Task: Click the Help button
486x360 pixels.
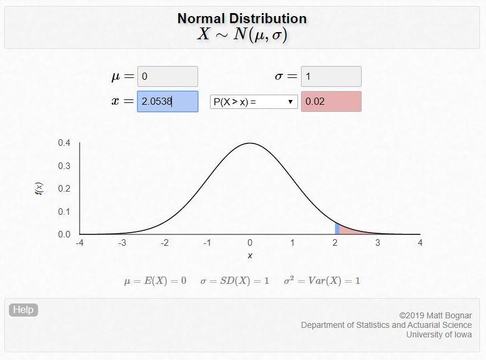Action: point(23,310)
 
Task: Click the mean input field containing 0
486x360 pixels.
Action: point(167,77)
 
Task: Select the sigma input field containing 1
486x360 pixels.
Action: point(331,77)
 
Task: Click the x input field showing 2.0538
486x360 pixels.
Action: point(167,101)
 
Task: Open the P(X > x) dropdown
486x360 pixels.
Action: point(254,102)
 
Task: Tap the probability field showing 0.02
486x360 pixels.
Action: point(331,101)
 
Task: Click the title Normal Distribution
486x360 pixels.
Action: point(242,18)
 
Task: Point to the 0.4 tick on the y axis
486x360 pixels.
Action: point(64,143)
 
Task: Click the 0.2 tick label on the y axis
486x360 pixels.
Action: point(64,189)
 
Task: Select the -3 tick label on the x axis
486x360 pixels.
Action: point(122,243)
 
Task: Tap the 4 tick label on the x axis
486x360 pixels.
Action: point(420,243)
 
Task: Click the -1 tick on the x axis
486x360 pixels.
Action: point(207,243)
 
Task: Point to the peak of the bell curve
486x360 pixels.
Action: point(250,143)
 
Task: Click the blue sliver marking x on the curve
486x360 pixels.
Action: point(337,228)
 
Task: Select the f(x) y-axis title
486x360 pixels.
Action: point(39,189)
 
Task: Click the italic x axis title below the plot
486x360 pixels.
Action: point(250,255)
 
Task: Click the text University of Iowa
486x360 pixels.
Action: point(439,334)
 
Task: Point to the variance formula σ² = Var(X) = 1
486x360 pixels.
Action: point(322,281)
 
